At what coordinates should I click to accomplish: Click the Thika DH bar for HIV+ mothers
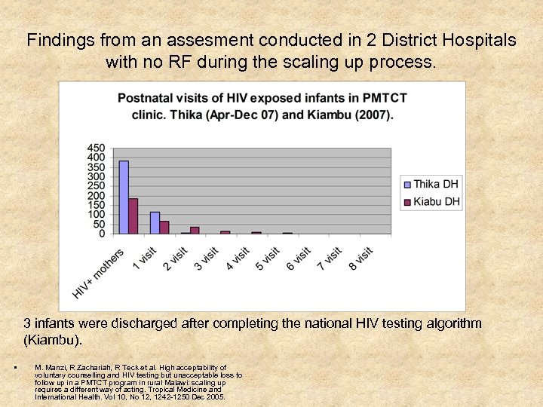tap(124, 197)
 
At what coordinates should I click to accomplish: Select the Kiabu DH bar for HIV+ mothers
tap(133, 216)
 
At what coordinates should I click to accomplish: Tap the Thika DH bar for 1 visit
tap(155, 223)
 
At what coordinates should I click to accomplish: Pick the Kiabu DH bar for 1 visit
tap(164, 227)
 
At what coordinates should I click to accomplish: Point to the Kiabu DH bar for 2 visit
tap(195, 230)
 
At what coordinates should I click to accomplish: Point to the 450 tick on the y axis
tap(96, 148)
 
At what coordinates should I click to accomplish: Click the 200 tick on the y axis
tap(96, 195)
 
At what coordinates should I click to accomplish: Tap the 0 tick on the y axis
tap(101, 234)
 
